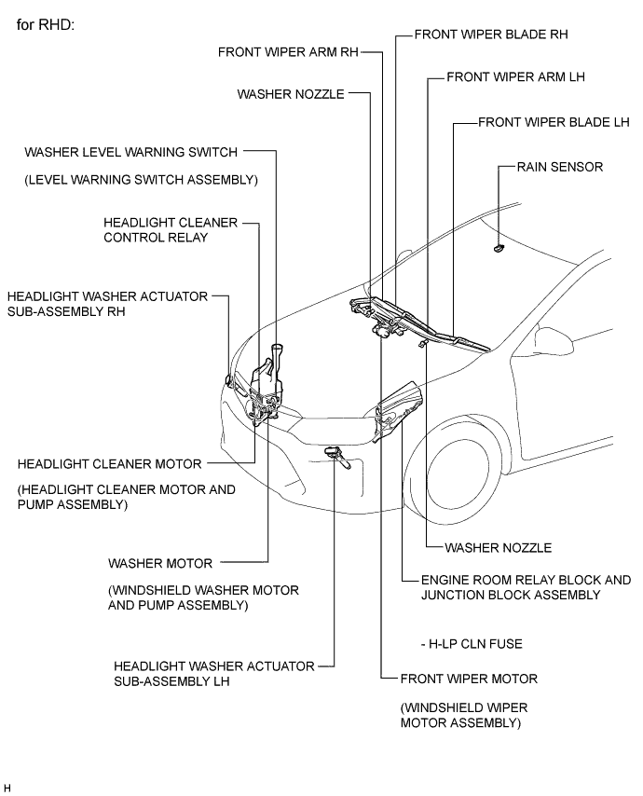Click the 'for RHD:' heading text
(x=46, y=22)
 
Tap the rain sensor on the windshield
(x=499, y=248)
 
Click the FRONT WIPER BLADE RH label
(x=491, y=34)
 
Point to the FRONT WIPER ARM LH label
(x=515, y=77)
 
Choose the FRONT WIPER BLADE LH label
(x=554, y=122)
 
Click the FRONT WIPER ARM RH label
(x=288, y=52)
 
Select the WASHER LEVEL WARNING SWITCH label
(x=131, y=151)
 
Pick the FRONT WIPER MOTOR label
(x=469, y=679)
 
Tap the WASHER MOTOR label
(x=160, y=563)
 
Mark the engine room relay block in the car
(x=399, y=407)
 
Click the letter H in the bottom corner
(x=7, y=789)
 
